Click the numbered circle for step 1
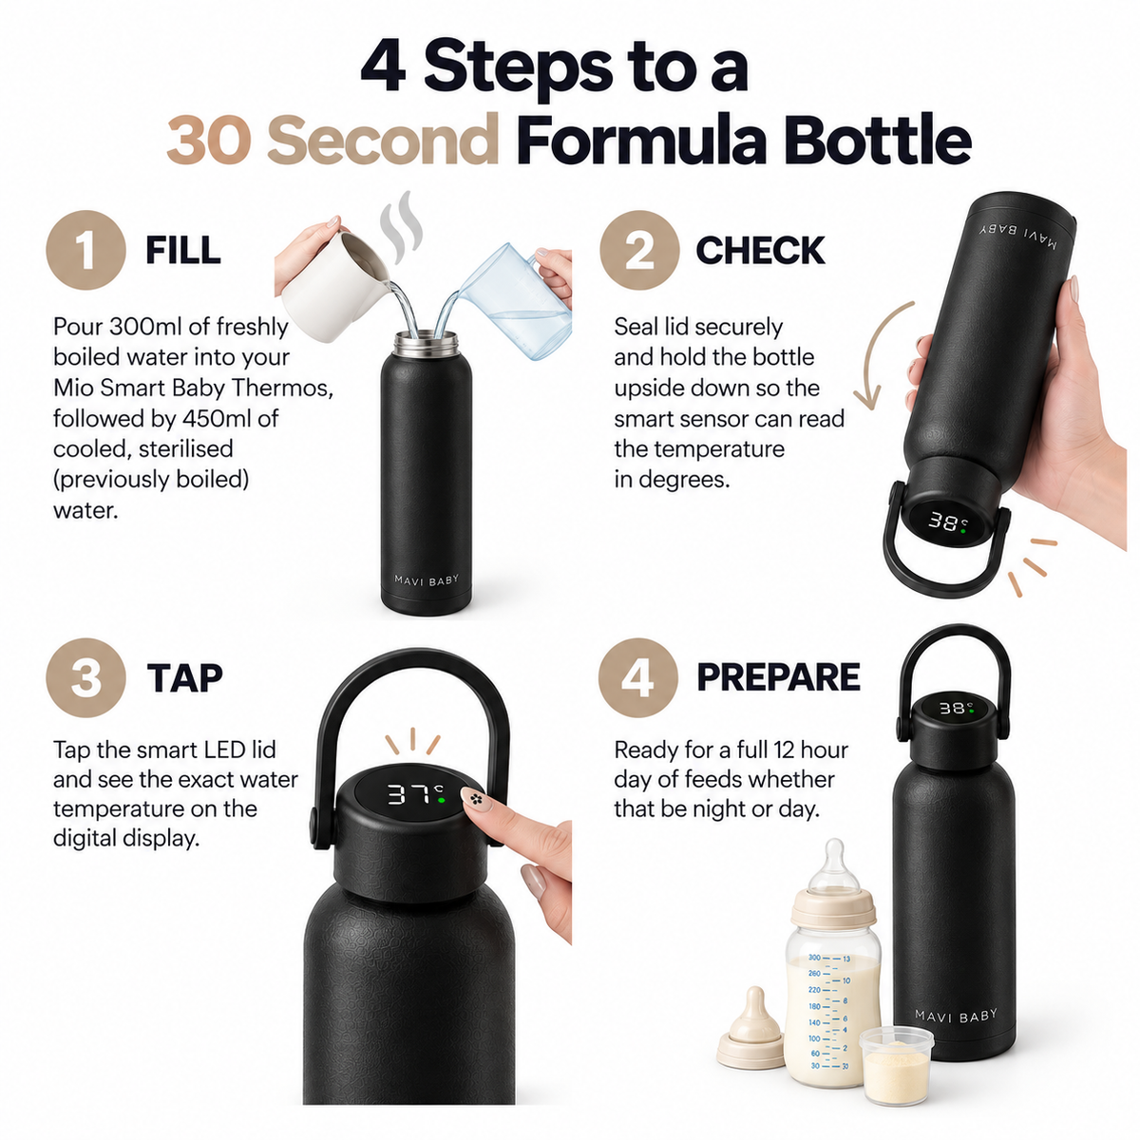[x=85, y=250]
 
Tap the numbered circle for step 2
[x=639, y=250]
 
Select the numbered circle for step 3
[x=85, y=677]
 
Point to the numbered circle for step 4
[x=638, y=677]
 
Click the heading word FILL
[x=183, y=250]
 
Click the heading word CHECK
[x=760, y=250]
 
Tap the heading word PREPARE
[x=779, y=677]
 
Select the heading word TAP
[x=184, y=678]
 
